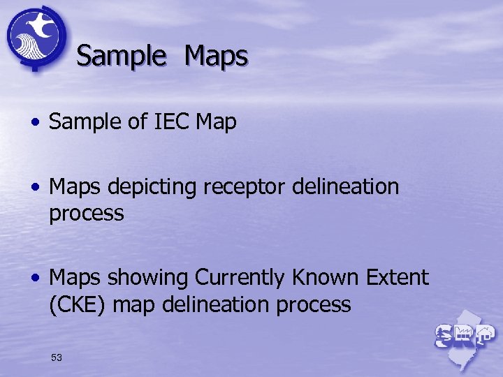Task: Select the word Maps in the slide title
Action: coord(216,56)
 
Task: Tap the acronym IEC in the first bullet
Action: coord(169,122)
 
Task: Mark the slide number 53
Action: coord(57,357)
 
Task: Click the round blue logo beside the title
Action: coord(36,37)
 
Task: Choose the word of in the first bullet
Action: coord(136,122)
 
